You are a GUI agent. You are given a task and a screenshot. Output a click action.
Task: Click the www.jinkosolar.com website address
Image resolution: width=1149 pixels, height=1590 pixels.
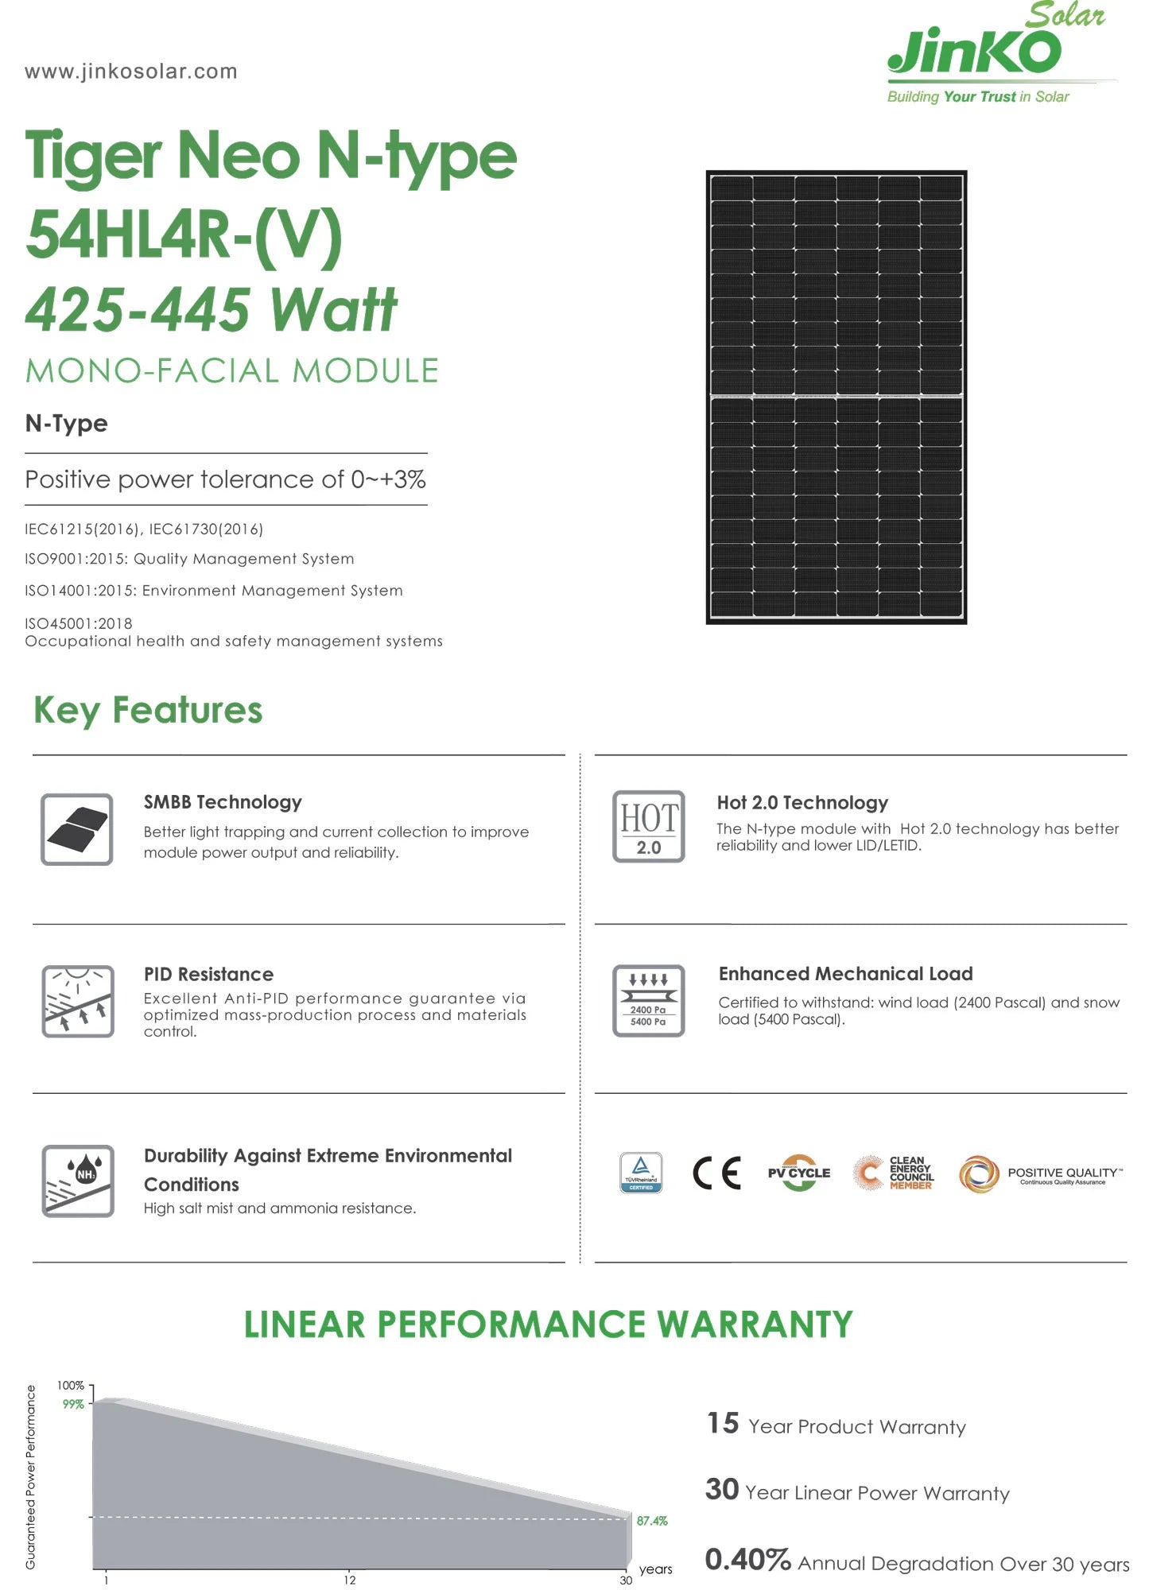(x=131, y=72)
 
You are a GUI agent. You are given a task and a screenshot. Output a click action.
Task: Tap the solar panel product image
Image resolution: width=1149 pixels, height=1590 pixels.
(x=836, y=397)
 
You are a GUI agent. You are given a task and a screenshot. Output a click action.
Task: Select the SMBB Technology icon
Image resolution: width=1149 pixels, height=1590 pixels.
(x=77, y=828)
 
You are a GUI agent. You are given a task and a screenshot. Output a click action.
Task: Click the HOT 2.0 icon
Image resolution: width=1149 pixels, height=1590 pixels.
(x=648, y=826)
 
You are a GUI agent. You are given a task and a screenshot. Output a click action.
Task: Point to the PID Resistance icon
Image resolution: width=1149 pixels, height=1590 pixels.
(x=77, y=1001)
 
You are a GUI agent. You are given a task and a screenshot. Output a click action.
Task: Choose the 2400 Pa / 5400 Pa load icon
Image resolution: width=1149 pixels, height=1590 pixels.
(x=648, y=1000)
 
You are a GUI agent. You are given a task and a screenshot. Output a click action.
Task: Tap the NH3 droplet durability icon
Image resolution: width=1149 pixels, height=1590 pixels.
(x=77, y=1181)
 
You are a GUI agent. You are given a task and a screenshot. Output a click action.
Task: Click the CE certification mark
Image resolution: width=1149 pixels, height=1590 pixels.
(x=716, y=1173)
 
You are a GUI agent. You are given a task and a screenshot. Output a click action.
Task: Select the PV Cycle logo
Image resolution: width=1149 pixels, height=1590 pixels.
(x=799, y=1173)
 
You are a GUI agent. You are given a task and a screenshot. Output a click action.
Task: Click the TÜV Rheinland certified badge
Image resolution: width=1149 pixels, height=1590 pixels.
(x=641, y=1173)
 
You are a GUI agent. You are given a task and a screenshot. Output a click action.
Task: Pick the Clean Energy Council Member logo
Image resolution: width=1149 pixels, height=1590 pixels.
(x=894, y=1173)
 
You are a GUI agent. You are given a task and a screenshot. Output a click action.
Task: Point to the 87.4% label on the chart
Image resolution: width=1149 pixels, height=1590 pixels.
(x=652, y=1521)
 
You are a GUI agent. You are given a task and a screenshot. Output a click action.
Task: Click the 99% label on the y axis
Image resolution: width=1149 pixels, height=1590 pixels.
(x=73, y=1405)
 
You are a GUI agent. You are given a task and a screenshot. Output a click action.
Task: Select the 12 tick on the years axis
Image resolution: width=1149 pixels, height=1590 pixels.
(x=350, y=1580)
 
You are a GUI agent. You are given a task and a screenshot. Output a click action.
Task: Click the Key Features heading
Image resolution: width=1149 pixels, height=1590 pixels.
(x=148, y=710)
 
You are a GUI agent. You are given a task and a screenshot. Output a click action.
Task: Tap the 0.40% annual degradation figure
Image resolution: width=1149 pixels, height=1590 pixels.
(x=747, y=1560)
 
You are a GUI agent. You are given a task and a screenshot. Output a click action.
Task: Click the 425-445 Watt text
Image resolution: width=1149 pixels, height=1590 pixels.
(x=212, y=310)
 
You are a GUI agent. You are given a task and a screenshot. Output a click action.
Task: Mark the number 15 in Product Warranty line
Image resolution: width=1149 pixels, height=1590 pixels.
(x=723, y=1423)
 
